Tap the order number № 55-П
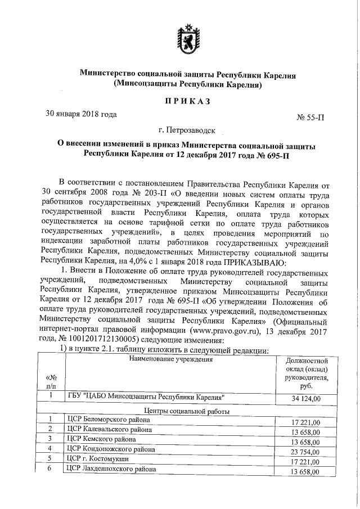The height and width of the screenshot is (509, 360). [310, 118]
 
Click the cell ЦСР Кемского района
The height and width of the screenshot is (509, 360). [101, 438]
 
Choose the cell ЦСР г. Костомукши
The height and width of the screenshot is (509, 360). [97, 458]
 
